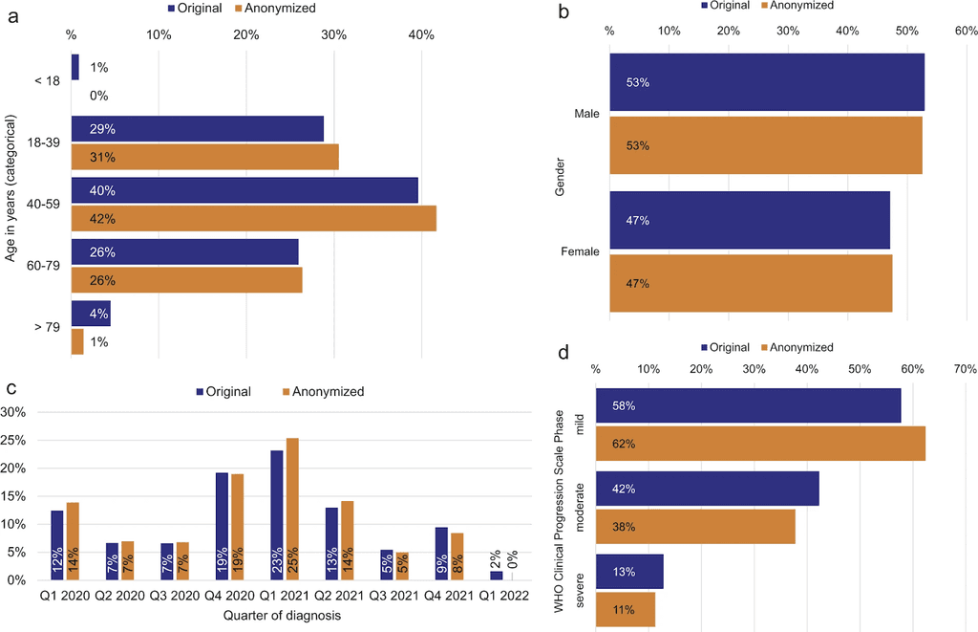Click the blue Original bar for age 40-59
(244, 190)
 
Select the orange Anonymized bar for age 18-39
(204, 157)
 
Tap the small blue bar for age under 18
(75, 67)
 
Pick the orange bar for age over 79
(77, 342)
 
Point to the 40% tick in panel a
(421, 35)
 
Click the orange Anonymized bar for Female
(751, 283)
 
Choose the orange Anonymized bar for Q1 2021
(292, 509)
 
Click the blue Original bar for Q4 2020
(222, 526)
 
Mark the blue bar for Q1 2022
(497, 575)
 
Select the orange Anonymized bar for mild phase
(760, 444)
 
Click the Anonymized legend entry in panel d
(800, 347)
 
